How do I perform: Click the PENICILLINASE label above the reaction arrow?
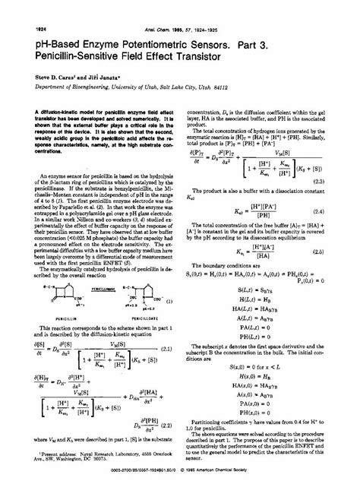tap(97, 289)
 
